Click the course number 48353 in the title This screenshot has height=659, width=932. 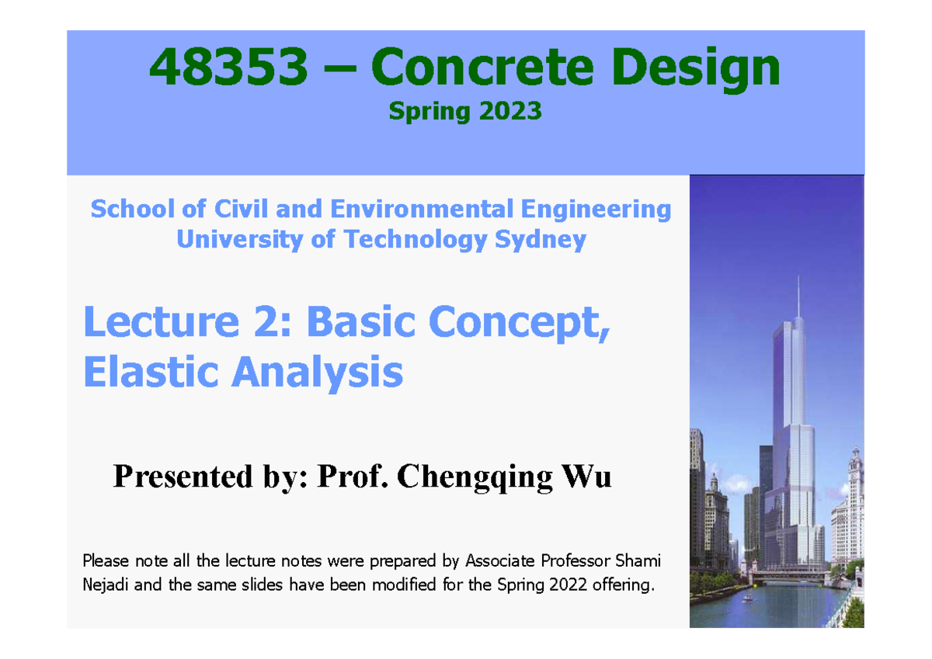pyautogui.click(x=228, y=68)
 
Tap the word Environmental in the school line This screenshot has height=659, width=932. pyautogui.click(x=419, y=209)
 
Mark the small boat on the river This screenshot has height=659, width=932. pyautogui.click(x=747, y=598)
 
